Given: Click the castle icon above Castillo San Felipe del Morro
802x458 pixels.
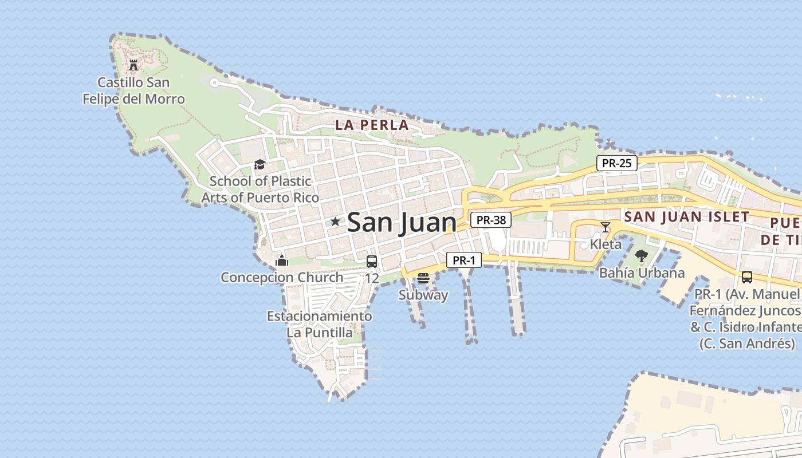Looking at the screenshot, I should point(133,65).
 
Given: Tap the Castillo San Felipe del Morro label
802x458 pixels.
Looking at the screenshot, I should point(133,91).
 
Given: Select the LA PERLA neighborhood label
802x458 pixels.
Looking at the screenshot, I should point(372,125).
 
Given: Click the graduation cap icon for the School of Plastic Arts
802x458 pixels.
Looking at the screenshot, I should point(260,165).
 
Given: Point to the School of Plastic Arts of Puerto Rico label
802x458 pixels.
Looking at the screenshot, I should point(260,189).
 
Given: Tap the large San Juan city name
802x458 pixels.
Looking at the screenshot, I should point(402,223).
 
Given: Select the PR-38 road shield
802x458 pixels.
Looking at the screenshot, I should point(491,220).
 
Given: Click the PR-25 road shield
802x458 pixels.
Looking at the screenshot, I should point(617,163).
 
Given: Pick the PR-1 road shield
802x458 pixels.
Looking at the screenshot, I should point(464,260).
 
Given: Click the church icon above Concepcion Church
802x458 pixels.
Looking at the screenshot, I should point(282,261).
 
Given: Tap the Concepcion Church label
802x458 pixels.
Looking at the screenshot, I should point(282,278).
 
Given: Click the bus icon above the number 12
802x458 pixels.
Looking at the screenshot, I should point(372,262).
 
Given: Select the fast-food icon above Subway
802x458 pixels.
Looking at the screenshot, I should point(423,278).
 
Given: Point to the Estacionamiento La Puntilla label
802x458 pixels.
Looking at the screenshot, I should point(319,324).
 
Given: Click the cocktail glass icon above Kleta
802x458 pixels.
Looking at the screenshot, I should point(606,227).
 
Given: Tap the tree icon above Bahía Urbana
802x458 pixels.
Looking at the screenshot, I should point(642,256).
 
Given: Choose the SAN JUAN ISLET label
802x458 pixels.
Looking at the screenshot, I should point(687,217).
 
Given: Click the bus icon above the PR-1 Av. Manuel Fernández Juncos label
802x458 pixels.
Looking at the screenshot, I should point(747,277).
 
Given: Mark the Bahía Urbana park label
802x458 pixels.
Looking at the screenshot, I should point(642,273).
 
